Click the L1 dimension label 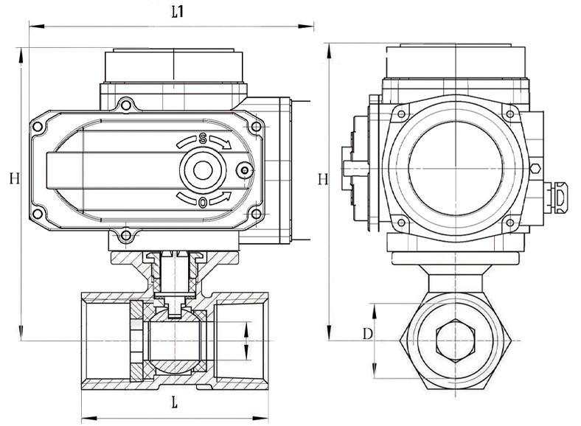(177, 13)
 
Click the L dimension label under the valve (174, 402)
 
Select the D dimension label (366, 334)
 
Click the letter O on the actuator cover (202, 202)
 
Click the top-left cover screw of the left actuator (38, 128)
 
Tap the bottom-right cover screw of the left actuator (256, 214)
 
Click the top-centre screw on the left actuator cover (126, 105)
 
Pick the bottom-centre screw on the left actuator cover (126, 236)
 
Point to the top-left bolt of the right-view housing (402, 112)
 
